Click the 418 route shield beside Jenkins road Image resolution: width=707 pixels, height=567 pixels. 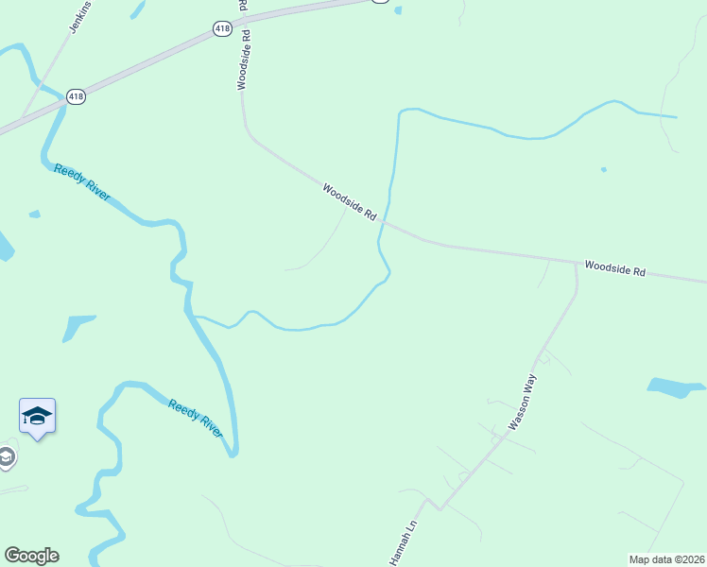(76, 97)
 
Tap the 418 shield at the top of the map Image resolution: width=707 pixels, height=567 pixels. (222, 28)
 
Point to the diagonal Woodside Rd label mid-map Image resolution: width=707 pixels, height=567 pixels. (350, 201)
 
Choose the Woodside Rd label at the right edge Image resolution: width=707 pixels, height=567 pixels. (614, 269)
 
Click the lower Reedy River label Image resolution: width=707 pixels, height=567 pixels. (196, 419)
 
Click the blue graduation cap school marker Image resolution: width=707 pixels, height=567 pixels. (37, 416)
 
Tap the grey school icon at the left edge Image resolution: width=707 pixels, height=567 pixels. (7, 458)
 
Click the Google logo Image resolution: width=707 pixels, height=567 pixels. (31, 556)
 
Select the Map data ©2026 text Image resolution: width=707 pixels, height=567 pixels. (666, 559)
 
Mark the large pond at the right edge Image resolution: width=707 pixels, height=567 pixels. (675, 387)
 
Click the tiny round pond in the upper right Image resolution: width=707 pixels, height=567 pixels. (603, 170)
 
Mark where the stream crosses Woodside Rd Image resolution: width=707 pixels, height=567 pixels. (383, 223)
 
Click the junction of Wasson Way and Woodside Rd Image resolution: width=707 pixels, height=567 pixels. (576, 264)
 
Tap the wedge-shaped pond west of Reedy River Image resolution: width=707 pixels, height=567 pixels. (75, 325)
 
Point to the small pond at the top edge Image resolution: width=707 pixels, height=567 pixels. (397, 10)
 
